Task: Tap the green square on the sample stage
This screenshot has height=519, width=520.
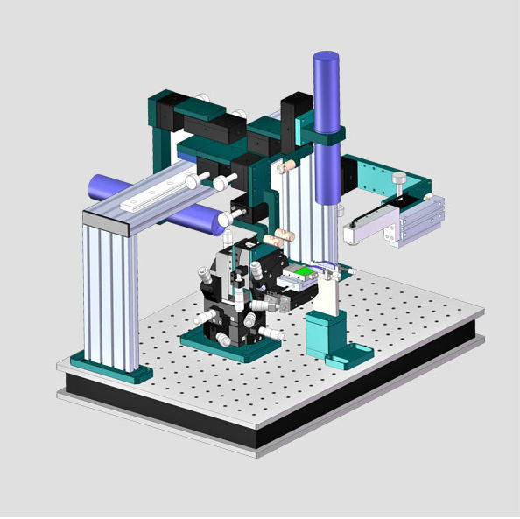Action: pos(303,273)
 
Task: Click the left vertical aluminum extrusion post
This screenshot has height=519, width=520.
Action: pos(109,293)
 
